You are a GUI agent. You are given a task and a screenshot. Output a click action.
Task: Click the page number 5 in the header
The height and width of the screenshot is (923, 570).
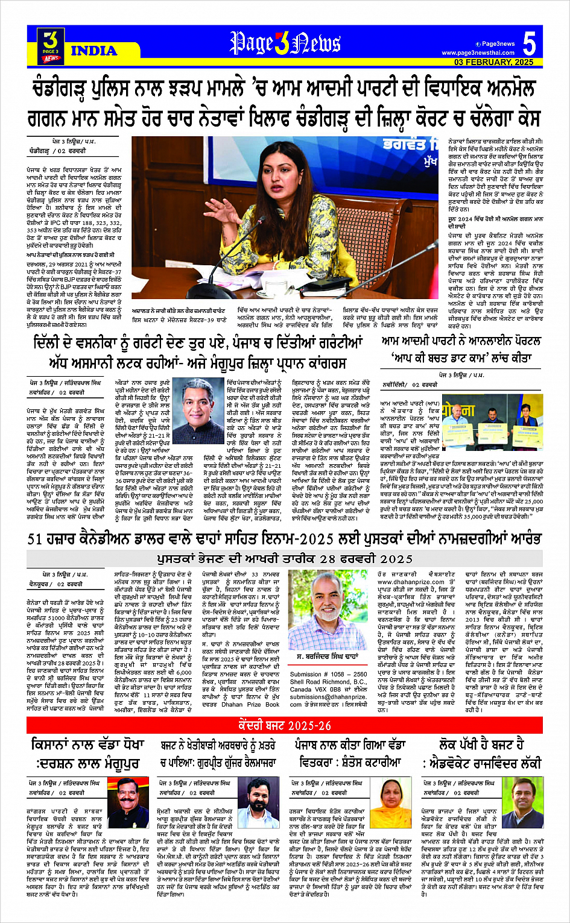[x=529, y=43]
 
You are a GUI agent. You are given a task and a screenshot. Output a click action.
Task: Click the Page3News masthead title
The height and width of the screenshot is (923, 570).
[x=285, y=43]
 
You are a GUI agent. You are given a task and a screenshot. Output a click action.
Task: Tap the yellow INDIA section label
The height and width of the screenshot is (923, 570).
[x=94, y=51]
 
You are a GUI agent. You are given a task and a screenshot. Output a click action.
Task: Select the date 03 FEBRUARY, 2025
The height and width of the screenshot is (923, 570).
[x=494, y=62]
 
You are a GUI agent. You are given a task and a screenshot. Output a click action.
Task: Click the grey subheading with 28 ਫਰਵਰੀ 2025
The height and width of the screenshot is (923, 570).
[x=285, y=558]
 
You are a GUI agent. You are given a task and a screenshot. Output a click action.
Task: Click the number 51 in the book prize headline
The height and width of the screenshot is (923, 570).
[x=36, y=540]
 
